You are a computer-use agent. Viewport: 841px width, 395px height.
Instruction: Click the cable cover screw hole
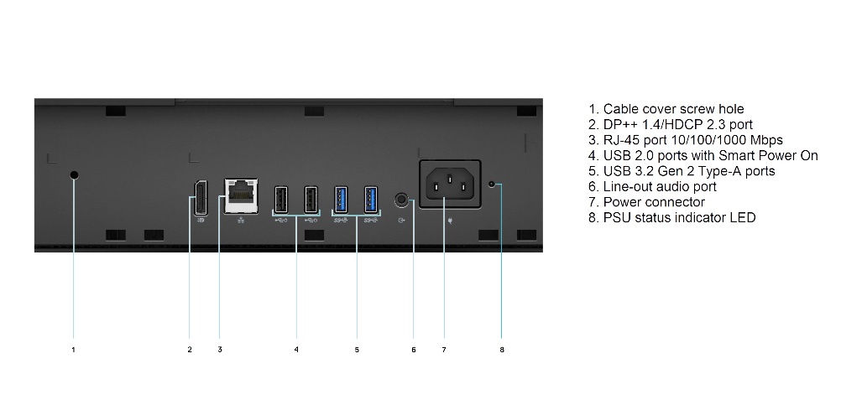74,175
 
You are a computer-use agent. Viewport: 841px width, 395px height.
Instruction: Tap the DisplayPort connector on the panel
201,198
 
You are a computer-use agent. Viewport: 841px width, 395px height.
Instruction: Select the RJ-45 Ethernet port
241,196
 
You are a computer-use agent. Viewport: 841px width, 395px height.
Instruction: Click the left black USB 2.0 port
280,200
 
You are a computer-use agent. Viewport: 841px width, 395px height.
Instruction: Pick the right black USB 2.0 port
311,200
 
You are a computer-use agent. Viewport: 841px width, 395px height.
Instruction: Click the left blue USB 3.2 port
341,200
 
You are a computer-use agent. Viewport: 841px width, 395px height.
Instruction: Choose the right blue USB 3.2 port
371,200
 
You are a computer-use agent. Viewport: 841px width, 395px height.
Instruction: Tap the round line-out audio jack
400,200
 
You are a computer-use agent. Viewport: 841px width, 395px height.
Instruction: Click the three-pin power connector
450,184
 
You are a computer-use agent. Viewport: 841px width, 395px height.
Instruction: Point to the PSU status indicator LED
492,184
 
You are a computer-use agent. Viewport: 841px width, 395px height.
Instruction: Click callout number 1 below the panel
74,350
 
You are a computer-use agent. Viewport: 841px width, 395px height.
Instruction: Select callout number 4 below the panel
296,350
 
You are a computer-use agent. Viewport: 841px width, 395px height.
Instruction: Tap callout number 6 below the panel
414,350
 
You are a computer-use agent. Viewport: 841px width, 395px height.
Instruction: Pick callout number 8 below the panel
502,350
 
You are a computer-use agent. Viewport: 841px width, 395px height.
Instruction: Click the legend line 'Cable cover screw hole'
666,109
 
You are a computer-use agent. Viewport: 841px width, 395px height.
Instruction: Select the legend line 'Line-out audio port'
652,186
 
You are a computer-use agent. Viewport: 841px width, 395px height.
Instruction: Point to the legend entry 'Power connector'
646,202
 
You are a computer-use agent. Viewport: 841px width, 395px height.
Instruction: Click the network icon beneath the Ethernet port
241,221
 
